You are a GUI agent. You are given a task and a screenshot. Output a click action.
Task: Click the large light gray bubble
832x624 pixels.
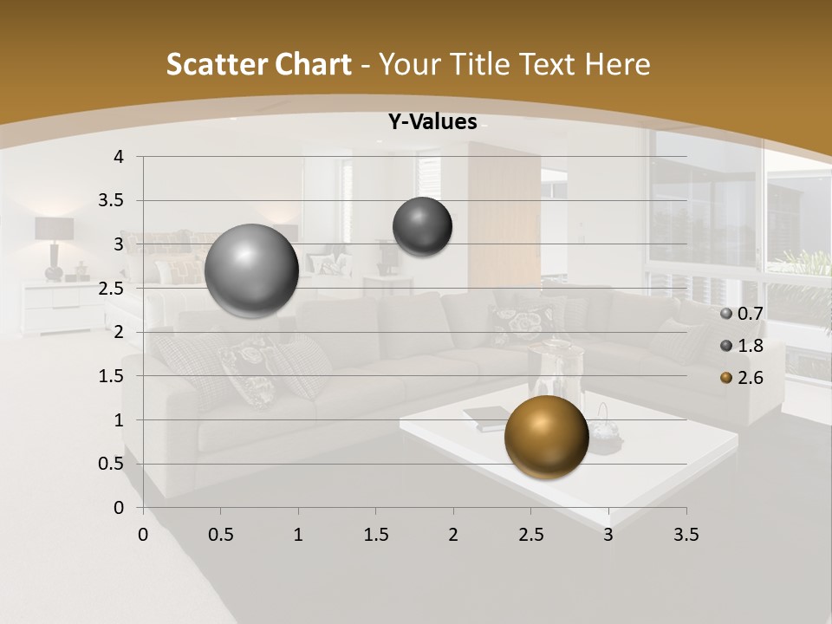pos(251,270)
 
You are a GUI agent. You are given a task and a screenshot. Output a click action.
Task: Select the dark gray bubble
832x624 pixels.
pos(422,227)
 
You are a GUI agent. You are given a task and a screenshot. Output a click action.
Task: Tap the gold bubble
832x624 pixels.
pos(546,437)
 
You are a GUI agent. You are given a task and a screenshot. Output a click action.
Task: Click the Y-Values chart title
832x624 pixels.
pos(432,122)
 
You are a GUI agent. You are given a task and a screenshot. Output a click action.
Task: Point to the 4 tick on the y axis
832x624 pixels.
pos(120,157)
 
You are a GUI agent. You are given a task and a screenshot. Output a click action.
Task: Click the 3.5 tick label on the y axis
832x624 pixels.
pos(110,200)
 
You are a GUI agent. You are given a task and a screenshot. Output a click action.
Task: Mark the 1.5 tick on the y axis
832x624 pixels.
pos(110,376)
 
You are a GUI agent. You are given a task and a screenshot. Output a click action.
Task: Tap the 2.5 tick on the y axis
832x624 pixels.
pos(110,289)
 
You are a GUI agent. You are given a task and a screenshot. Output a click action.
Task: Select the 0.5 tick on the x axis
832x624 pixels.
pos(220,535)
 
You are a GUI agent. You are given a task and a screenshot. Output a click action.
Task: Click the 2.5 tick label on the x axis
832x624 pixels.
pos(530,535)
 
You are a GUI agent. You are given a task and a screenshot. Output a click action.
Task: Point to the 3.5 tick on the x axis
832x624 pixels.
pos(686,535)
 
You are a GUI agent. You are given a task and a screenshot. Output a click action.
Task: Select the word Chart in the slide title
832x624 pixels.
pos(313,64)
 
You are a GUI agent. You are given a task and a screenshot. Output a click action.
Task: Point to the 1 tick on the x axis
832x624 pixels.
pos(298,535)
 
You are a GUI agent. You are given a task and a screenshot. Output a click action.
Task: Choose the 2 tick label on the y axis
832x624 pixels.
pos(120,332)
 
